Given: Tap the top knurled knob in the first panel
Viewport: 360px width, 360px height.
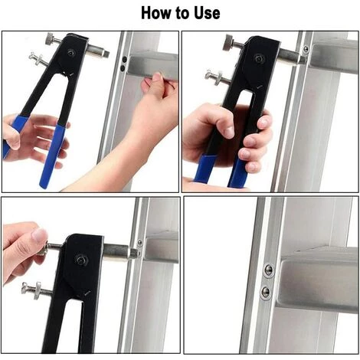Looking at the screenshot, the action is click(51, 40).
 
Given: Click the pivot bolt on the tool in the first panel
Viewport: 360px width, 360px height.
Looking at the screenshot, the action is click(70, 52).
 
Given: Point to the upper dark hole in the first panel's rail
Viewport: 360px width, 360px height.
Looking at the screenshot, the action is click(124, 60).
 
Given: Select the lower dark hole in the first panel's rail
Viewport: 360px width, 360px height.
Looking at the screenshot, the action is click(123, 68).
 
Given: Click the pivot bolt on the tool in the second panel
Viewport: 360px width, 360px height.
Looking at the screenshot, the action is click(260, 58).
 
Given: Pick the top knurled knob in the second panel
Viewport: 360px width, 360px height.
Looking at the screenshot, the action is click(229, 43).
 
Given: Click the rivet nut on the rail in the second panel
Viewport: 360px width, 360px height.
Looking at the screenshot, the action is click(305, 49).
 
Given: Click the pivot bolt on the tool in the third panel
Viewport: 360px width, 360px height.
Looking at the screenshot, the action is click(81, 260).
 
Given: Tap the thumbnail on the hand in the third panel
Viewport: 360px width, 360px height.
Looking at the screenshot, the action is click(39, 235).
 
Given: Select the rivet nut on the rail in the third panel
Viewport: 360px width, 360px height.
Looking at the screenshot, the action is click(139, 242).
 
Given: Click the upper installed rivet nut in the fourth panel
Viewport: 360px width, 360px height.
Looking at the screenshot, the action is click(268, 270).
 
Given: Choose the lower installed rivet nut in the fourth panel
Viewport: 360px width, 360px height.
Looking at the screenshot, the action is click(266, 291).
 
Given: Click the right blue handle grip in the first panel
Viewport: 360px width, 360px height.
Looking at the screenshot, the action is click(53, 156).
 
